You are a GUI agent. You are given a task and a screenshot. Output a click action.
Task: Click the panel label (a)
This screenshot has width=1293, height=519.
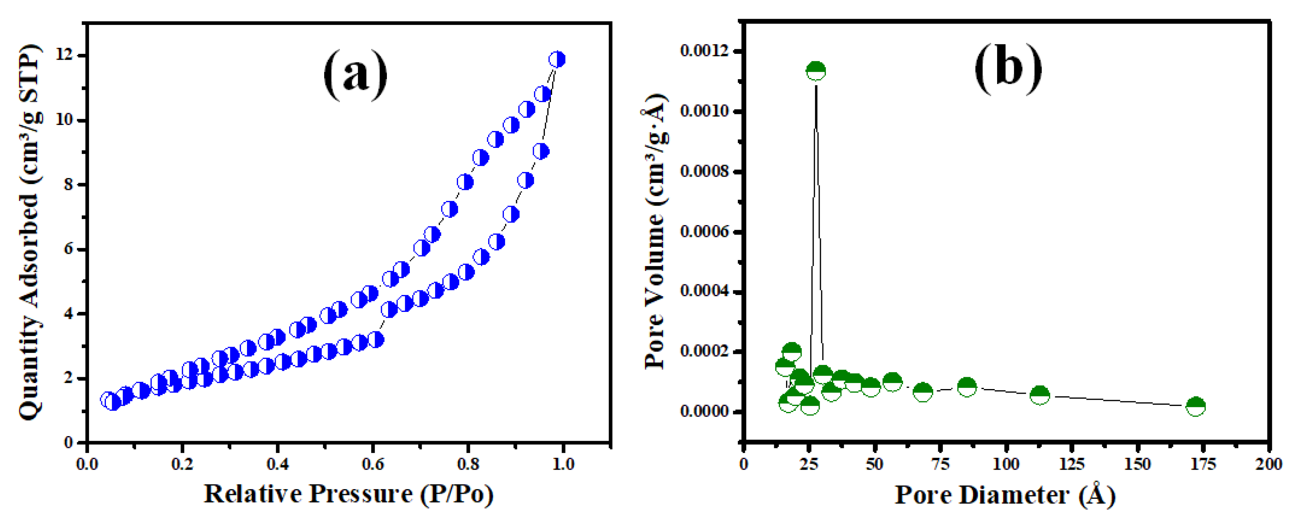tap(356, 75)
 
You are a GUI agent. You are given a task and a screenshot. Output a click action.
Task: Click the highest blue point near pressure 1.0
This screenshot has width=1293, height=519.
tap(557, 59)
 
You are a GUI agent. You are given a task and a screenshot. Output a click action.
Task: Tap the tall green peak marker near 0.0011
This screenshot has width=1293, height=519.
tap(815, 71)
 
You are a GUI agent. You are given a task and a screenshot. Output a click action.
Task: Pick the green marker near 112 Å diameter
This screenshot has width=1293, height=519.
tap(1040, 395)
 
